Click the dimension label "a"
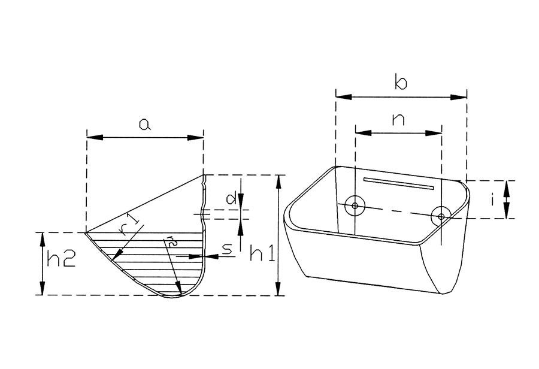click(145, 124)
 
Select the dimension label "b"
click(401, 82)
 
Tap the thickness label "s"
click(227, 249)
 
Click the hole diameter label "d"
click(231, 198)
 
